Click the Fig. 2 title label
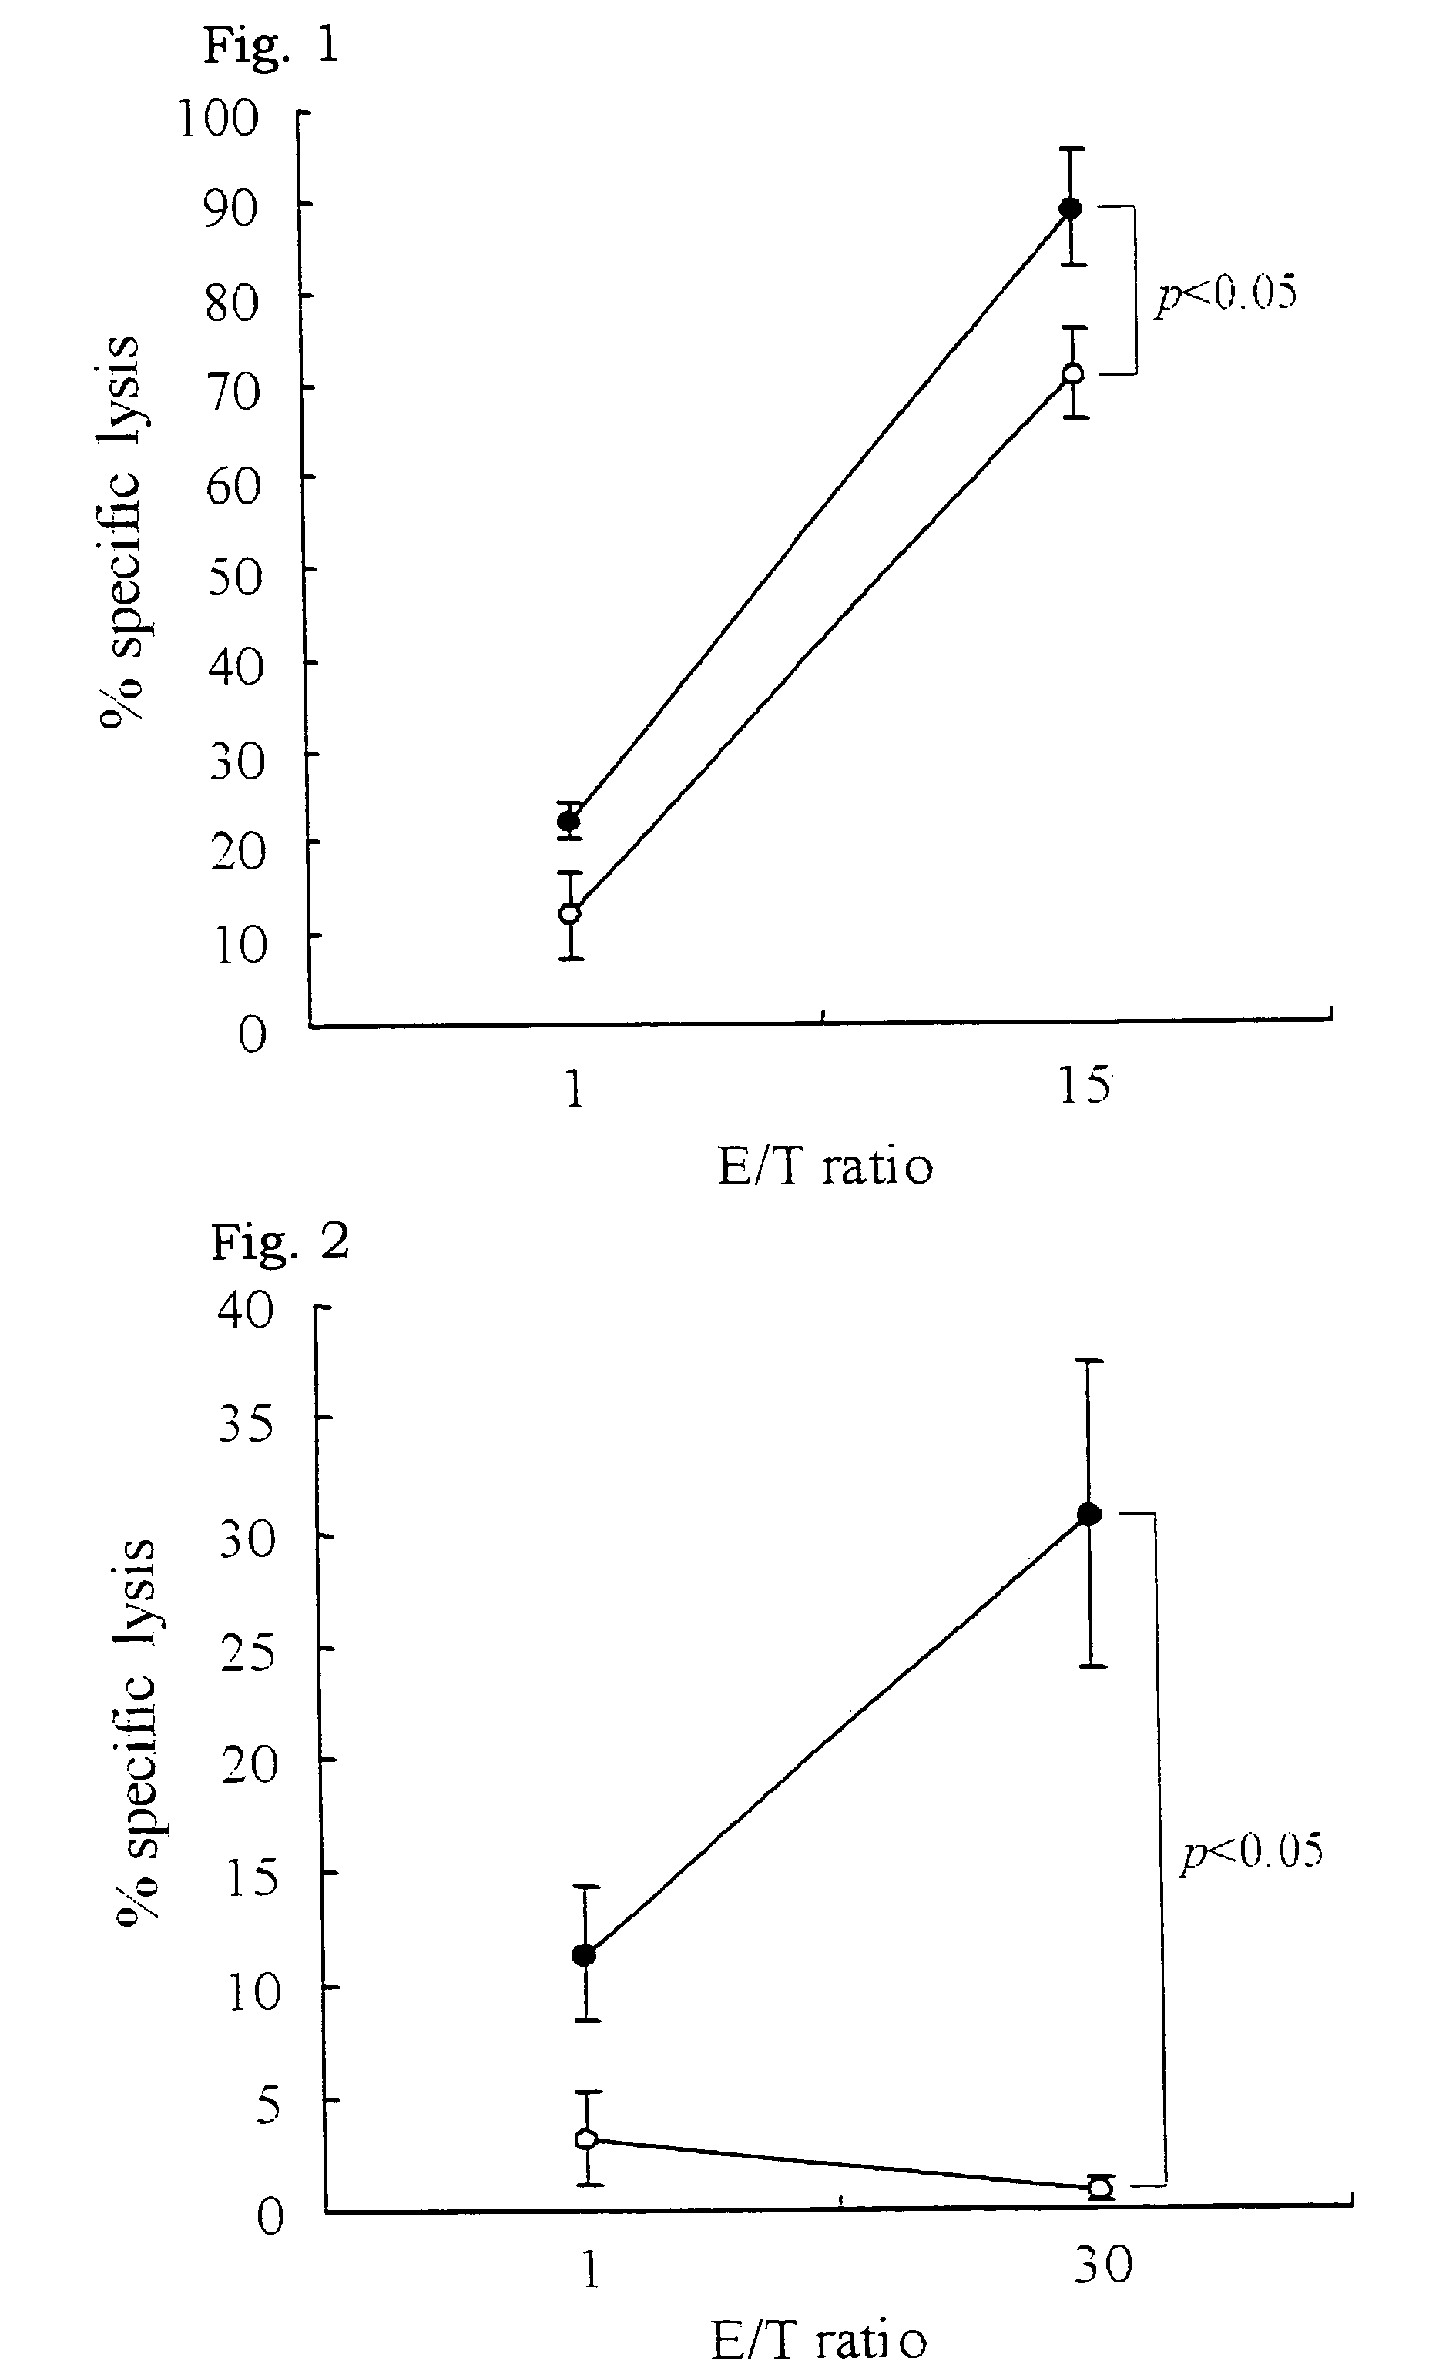click(279, 1242)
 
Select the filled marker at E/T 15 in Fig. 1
click(1069, 208)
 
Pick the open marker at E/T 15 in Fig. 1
click(1072, 373)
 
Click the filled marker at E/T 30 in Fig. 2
click(1089, 1514)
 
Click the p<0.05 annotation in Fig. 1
click(1226, 292)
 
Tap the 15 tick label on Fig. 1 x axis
click(1084, 1087)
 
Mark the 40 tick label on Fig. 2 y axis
click(247, 1311)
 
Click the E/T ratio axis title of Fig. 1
click(825, 1167)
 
